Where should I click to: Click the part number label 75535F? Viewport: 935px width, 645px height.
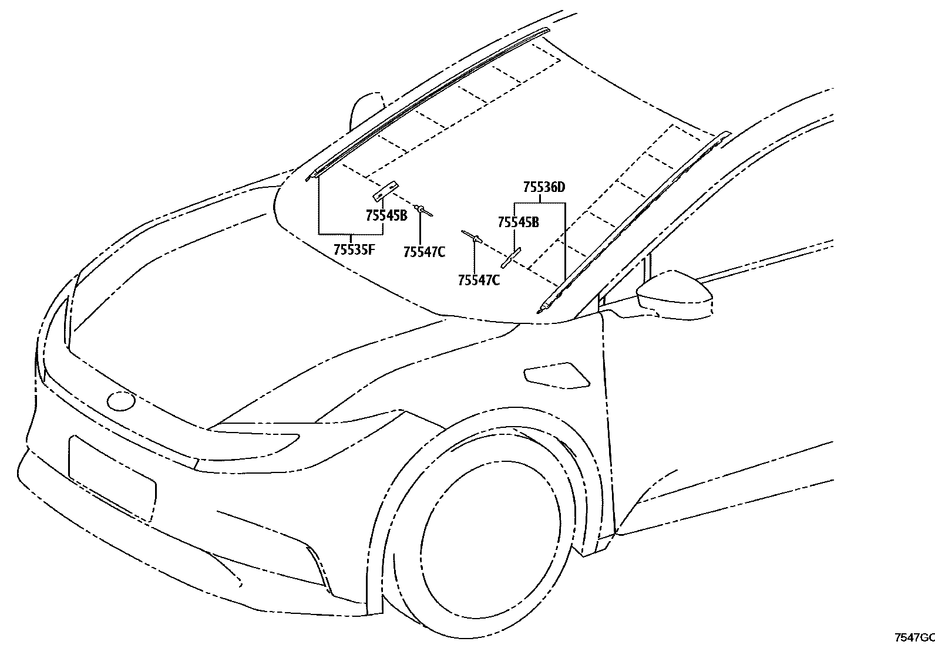(354, 249)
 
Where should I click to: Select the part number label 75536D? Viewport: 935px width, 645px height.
(544, 188)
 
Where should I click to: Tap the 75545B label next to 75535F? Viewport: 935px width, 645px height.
(386, 215)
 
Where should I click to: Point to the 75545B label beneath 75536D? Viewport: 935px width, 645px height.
(518, 222)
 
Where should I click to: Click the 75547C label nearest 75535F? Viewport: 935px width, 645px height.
(424, 252)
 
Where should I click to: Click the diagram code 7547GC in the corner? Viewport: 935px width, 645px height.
(913, 637)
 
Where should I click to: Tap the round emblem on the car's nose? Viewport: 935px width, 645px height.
(121, 400)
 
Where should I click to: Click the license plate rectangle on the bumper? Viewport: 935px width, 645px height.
(112, 476)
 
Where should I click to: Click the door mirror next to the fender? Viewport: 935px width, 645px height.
(675, 295)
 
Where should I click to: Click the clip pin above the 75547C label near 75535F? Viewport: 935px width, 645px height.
(422, 210)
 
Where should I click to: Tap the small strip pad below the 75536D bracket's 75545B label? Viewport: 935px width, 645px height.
(510, 257)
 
